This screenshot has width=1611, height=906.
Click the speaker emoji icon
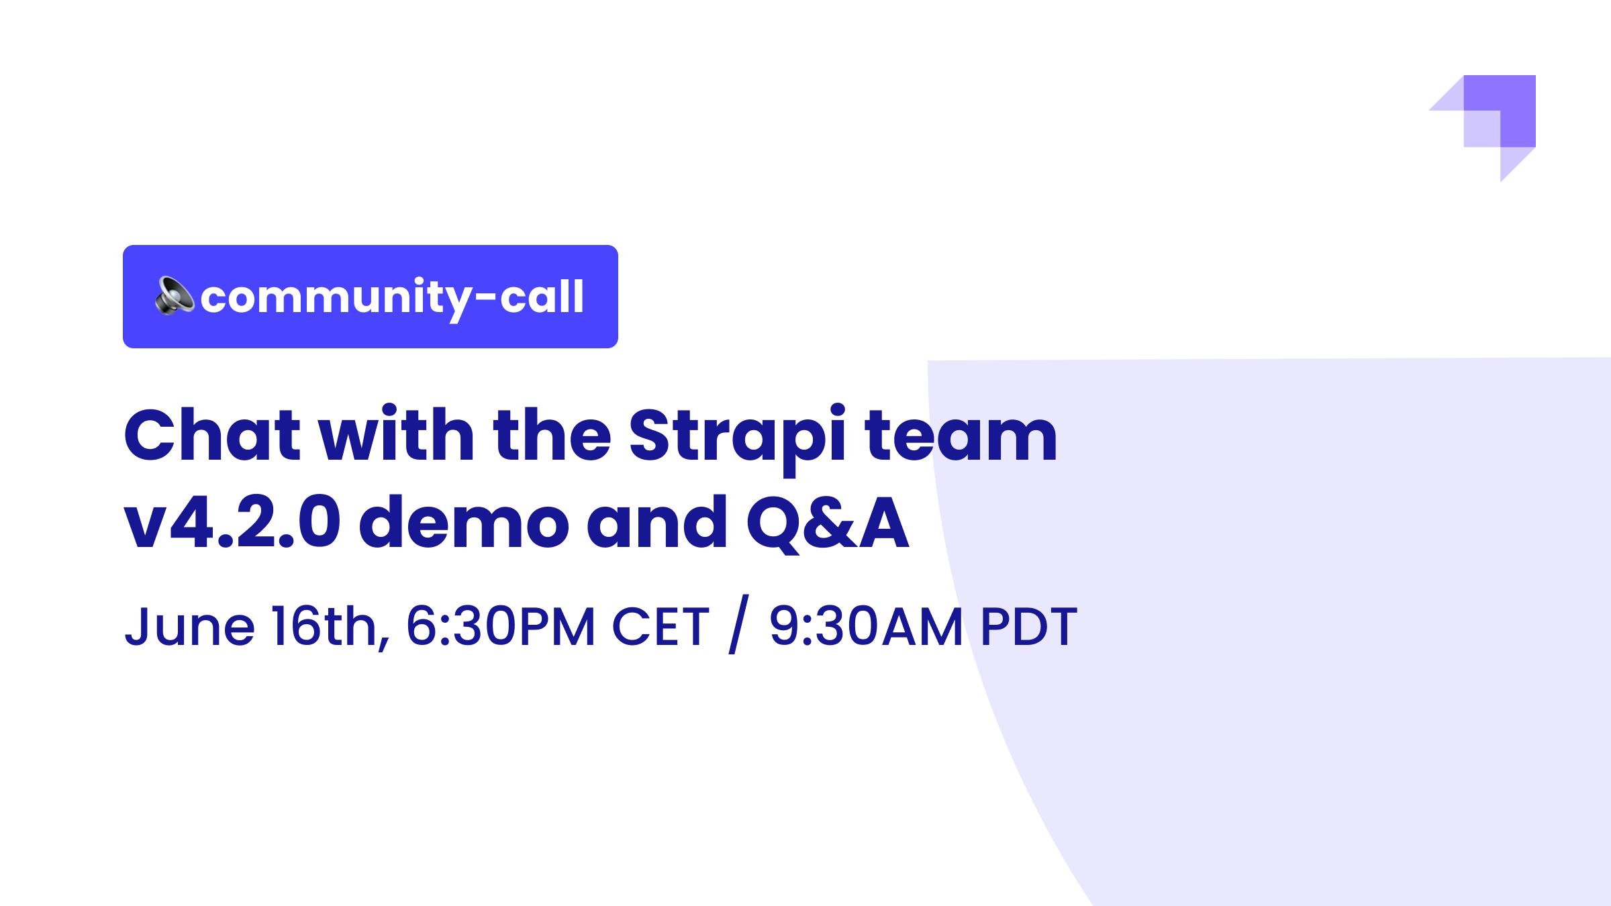tap(175, 295)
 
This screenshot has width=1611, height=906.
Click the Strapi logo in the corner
tap(1482, 128)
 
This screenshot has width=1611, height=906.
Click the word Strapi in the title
tap(737, 442)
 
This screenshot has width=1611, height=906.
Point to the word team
tap(961, 437)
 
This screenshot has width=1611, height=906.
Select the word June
tap(190, 627)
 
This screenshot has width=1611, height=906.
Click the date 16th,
tap(330, 627)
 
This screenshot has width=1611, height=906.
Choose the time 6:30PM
tap(501, 627)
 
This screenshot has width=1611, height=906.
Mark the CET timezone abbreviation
tap(661, 627)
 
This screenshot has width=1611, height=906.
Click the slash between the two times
tap(738, 628)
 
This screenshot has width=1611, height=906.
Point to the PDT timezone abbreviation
tap(1029, 627)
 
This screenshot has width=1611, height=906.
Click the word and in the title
tap(658, 521)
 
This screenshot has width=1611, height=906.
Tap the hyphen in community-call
tap(485, 299)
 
